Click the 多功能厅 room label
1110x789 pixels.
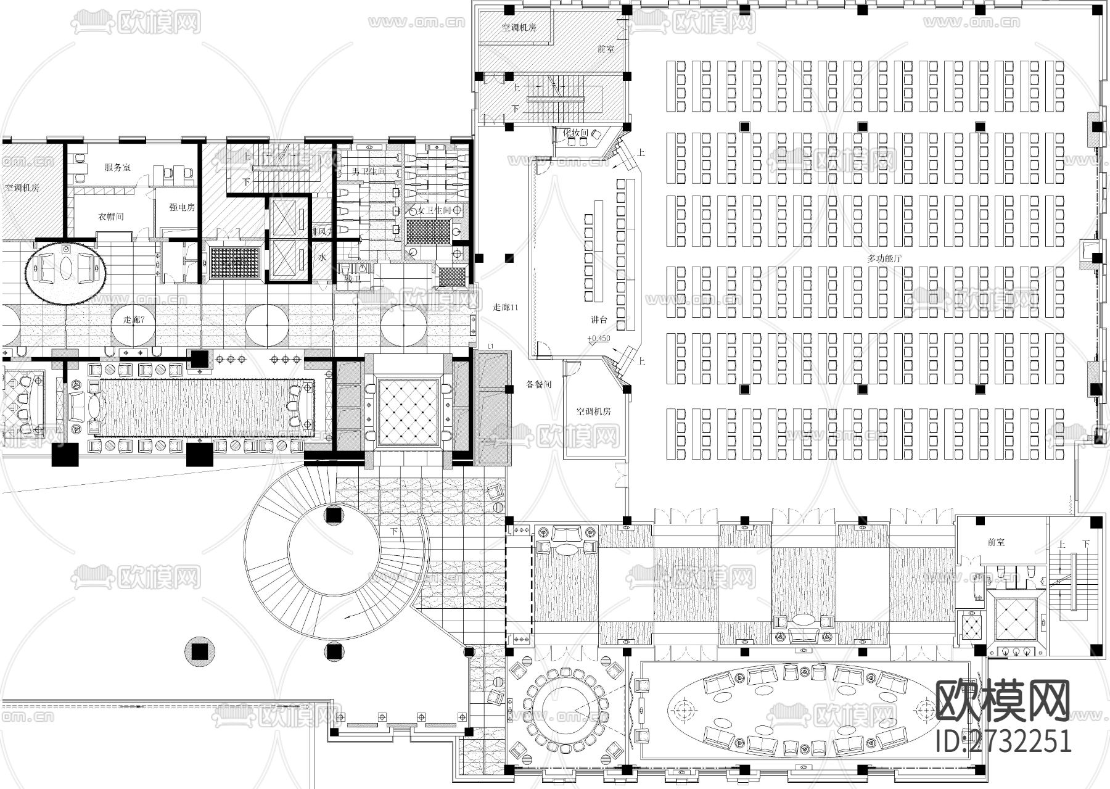[x=884, y=258]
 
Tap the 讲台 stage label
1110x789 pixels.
[x=599, y=320]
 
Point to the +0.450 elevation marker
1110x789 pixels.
[x=599, y=338]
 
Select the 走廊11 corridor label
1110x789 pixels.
[x=505, y=307]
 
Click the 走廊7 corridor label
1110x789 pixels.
[x=134, y=319]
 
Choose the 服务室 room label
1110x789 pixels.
[x=117, y=167]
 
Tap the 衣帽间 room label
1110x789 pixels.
[x=111, y=217]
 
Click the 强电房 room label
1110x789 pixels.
[x=182, y=207]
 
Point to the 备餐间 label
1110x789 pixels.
[x=538, y=384]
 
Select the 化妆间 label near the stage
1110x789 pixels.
[x=575, y=133]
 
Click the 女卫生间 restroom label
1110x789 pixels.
[x=434, y=210]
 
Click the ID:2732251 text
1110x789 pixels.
[x=1003, y=741]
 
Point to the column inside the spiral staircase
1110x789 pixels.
[x=334, y=515]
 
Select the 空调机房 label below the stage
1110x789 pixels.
[x=593, y=411]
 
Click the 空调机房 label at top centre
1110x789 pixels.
[x=518, y=27]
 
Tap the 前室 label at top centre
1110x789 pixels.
[x=606, y=49]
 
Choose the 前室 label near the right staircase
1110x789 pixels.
[x=995, y=542]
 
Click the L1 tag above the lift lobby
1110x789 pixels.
[x=491, y=347]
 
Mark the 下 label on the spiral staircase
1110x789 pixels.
[x=394, y=531]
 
